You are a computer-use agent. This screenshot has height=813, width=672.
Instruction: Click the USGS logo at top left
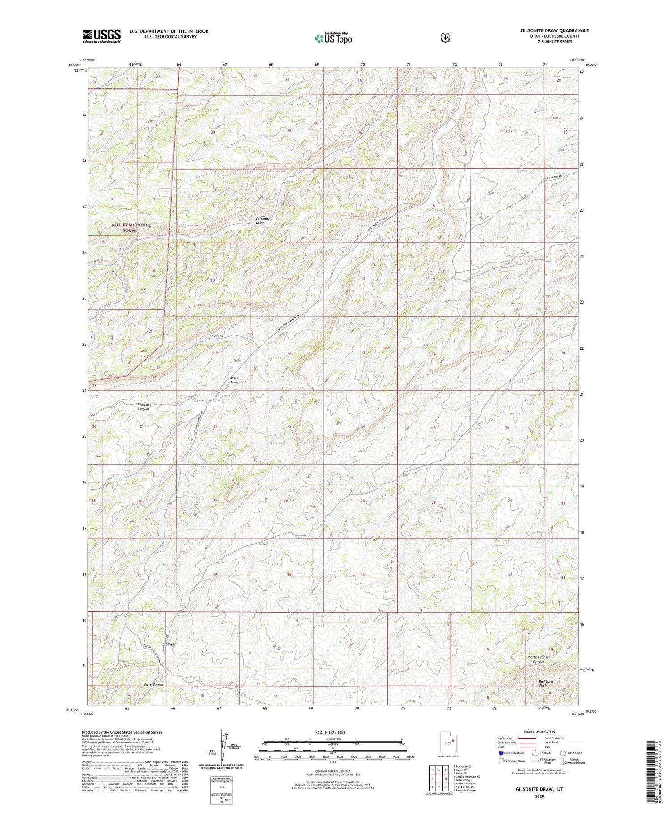(101, 36)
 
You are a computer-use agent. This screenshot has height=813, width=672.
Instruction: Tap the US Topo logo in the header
(333, 38)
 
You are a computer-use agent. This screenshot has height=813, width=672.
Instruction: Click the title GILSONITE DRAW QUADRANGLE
(555, 30)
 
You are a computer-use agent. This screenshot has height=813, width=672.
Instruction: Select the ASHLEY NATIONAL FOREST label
(131, 228)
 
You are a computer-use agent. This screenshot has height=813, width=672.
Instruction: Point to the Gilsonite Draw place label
(263, 221)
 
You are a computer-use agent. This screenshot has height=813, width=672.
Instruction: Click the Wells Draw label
(233, 380)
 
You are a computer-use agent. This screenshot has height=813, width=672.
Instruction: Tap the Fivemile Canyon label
(144, 407)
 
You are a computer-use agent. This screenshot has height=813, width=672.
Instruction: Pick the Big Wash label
(169, 644)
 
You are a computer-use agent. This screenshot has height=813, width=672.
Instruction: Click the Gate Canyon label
(154, 685)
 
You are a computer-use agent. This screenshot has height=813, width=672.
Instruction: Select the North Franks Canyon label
(538, 659)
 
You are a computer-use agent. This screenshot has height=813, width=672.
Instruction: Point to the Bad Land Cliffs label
(546, 683)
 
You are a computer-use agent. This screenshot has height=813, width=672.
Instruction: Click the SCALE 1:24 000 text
(330, 732)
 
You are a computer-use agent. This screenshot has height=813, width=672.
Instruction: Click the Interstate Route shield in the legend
(500, 753)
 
